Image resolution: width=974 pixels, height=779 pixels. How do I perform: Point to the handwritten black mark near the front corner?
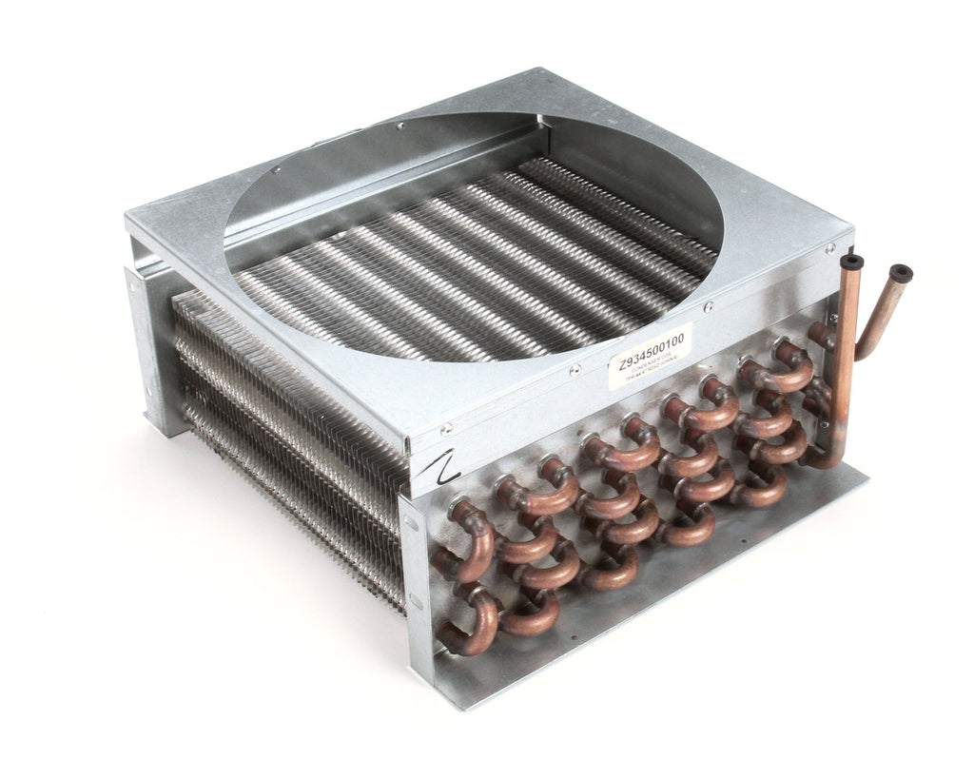pyautogui.click(x=445, y=466)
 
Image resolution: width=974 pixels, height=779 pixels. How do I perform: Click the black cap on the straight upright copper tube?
pyautogui.click(x=851, y=261)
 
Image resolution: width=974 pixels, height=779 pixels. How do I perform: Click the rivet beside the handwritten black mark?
pyautogui.click(x=444, y=431)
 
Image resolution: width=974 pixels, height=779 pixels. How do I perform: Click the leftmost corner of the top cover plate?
pyautogui.click(x=127, y=220)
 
